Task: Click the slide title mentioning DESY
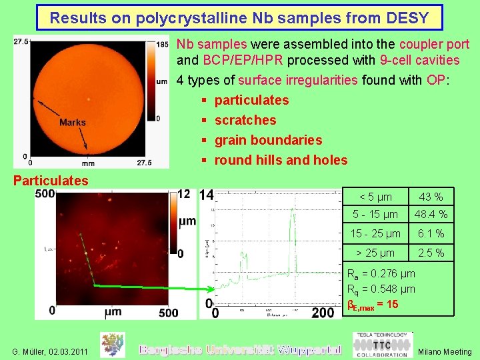[x=239, y=17]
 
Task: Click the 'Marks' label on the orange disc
[x=72, y=122]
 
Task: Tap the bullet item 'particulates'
[x=251, y=100]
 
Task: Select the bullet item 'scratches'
[x=245, y=120]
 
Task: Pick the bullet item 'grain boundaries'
[x=268, y=140]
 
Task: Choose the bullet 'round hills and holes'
[x=281, y=160]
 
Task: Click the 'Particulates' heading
[x=51, y=181]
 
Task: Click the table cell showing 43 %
[x=430, y=197]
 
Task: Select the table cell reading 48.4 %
[x=430, y=215]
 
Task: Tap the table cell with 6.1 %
[x=430, y=233]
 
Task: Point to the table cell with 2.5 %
[x=430, y=253]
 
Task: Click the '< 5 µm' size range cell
[x=375, y=197]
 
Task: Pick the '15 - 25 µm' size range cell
[x=375, y=233]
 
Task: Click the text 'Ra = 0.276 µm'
[x=381, y=273]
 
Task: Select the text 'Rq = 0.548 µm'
[x=381, y=289]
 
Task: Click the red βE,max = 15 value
[x=373, y=305]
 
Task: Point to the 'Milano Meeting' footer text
[x=445, y=351]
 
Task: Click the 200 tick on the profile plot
[x=323, y=313]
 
